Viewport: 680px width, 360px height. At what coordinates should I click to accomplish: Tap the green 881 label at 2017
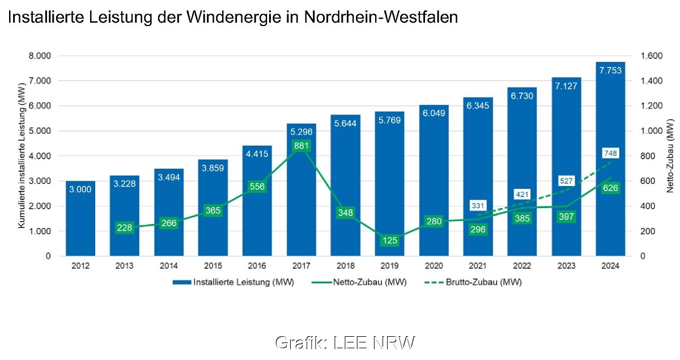click(x=301, y=146)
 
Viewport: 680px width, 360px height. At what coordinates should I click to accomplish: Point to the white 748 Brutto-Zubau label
click(x=610, y=153)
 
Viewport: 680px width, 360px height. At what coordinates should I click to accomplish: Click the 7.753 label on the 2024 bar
click(x=610, y=70)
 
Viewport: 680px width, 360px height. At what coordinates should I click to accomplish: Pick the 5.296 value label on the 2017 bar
click(x=301, y=132)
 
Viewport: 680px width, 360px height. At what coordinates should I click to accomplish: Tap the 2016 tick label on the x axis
click(x=257, y=266)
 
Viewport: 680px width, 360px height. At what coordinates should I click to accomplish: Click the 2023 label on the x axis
click(x=566, y=266)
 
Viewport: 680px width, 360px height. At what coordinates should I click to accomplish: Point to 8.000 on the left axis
click(x=40, y=56)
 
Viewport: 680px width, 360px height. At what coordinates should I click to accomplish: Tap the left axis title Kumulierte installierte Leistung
click(x=22, y=156)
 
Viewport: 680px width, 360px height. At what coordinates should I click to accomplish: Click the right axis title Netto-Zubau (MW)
click(x=670, y=156)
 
